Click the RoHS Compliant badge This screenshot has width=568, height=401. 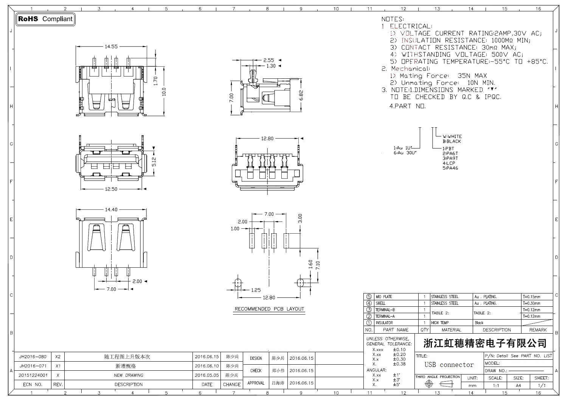(x=45, y=19)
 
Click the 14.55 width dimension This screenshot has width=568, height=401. (x=111, y=47)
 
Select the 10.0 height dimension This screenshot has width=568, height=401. (x=164, y=92)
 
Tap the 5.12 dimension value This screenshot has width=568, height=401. (x=154, y=162)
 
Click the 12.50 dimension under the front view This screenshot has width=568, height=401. (x=111, y=189)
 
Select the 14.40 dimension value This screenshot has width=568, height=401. (x=111, y=209)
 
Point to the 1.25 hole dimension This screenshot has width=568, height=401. (x=256, y=290)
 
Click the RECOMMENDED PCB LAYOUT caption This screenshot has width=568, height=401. (x=269, y=309)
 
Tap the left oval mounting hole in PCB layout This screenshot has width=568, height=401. (x=237, y=282)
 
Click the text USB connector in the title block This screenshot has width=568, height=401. (x=449, y=365)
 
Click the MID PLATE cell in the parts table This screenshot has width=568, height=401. (x=383, y=297)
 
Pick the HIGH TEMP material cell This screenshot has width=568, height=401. (x=440, y=323)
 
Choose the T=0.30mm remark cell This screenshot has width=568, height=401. (x=531, y=303)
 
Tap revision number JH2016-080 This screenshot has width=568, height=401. (x=33, y=357)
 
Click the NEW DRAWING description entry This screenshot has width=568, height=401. (x=129, y=375)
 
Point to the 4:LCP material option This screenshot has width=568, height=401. (x=449, y=163)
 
